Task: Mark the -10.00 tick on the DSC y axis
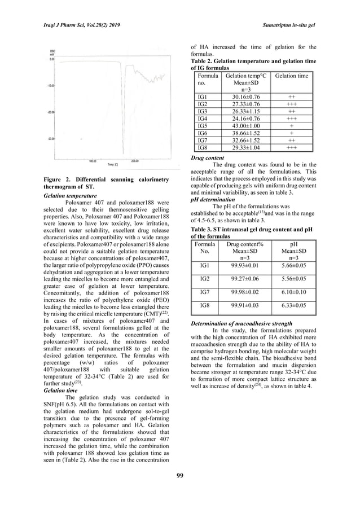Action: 49,86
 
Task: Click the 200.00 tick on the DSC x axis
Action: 134,160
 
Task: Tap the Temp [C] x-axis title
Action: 113,164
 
